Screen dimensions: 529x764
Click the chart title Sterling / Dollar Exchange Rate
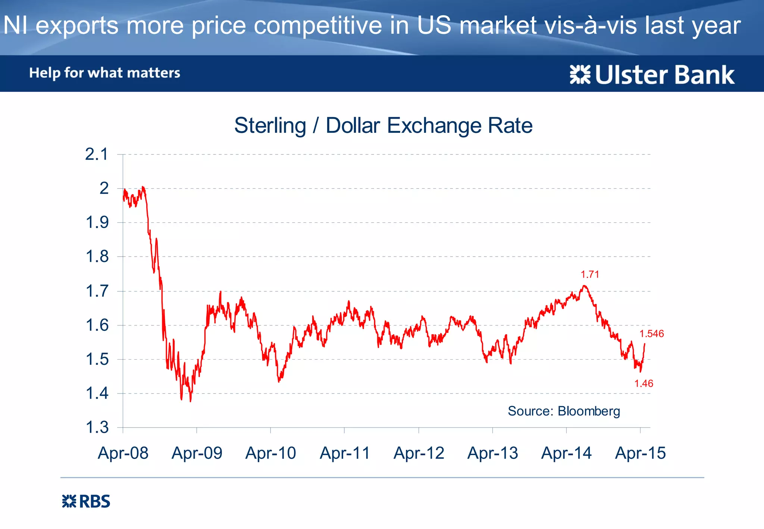tap(383, 125)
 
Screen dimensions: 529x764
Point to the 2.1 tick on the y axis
tap(97, 154)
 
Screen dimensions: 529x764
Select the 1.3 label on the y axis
tap(97, 428)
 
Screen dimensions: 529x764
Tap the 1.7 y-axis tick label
tap(97, 291)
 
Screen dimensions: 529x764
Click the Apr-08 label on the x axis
tap(123, 453)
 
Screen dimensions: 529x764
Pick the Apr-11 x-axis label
tap(345, 453)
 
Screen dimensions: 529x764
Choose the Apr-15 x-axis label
tap(640, 453)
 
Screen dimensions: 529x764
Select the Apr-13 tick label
tap(492, 453)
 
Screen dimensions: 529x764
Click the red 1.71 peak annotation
tap(590, 275)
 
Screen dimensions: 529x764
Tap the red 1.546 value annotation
tap(651, 334)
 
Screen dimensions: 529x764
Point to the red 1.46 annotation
tap(644, 384)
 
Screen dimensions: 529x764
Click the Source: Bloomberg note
tap(564, 411)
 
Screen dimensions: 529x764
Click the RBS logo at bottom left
tap(86, 501)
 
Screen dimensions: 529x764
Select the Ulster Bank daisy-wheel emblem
tap(580, 75)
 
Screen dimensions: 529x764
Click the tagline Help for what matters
tap(104, 73)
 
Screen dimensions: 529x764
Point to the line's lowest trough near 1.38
tap(191, 401)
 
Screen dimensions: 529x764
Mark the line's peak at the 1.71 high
tap(584, 286)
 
